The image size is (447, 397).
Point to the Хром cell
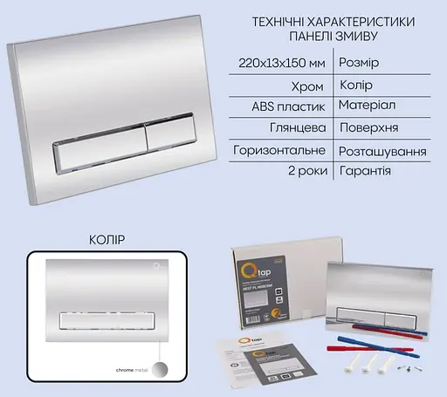click(x=309, y=86)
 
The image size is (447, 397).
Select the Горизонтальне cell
click(x=279, y=150)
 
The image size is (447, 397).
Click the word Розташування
click(x=382, y=150)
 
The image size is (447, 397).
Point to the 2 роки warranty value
click(x=306, y=171)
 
